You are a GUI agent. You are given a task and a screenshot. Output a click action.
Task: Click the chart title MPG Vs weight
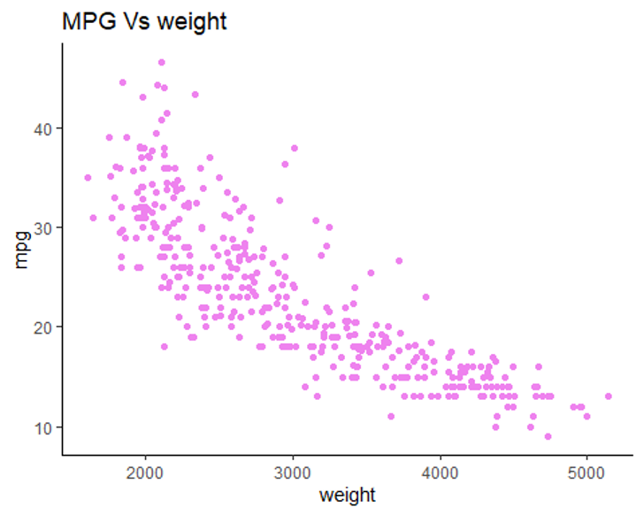(x=144, y=21)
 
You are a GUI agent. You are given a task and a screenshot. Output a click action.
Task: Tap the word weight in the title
(x=193, y=21)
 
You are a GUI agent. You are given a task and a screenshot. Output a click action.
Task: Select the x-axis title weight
(x=348, y=495)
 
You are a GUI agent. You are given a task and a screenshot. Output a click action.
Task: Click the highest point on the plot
(x=161, y=63)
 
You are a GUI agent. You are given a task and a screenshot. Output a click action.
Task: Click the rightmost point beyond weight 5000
(x=608, y=396)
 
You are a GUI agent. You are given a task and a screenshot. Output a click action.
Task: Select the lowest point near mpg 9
(x=548, y=436)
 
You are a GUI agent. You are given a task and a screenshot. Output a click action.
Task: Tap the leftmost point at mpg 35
(x=88, y=178)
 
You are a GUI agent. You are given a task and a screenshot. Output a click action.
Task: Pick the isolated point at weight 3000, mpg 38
(x=294, y=148)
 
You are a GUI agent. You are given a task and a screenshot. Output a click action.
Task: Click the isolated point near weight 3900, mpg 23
(x=425, y=297)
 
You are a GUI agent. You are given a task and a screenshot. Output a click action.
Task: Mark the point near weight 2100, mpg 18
(x=164, y=347)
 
